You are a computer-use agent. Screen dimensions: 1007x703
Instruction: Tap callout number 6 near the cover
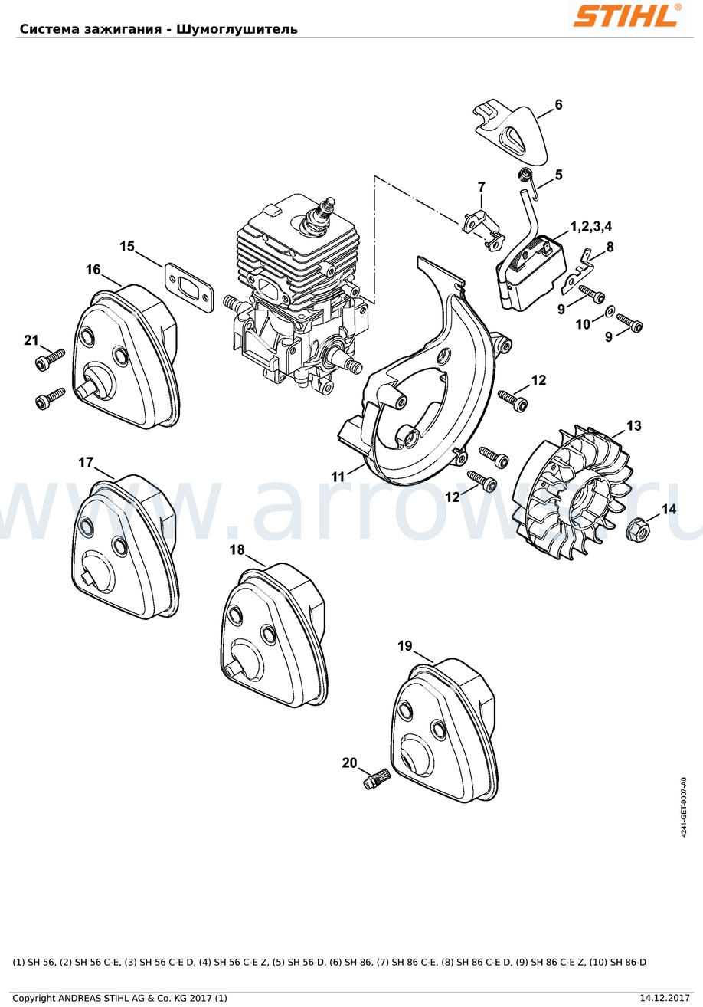(x=558, y=105)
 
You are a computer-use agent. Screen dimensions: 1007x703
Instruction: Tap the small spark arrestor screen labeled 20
(x=378, y=779)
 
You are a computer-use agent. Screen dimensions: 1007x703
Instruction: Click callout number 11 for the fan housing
(x=338, y=476)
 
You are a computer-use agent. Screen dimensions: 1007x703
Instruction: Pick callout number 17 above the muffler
(x=86, y=462)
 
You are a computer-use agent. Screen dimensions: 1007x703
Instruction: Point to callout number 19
(x=405, y=646)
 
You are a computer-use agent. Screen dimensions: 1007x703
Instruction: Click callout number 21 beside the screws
(x=31, y=340)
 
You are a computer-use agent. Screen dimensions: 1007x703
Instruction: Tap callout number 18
(x=237, y=549)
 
